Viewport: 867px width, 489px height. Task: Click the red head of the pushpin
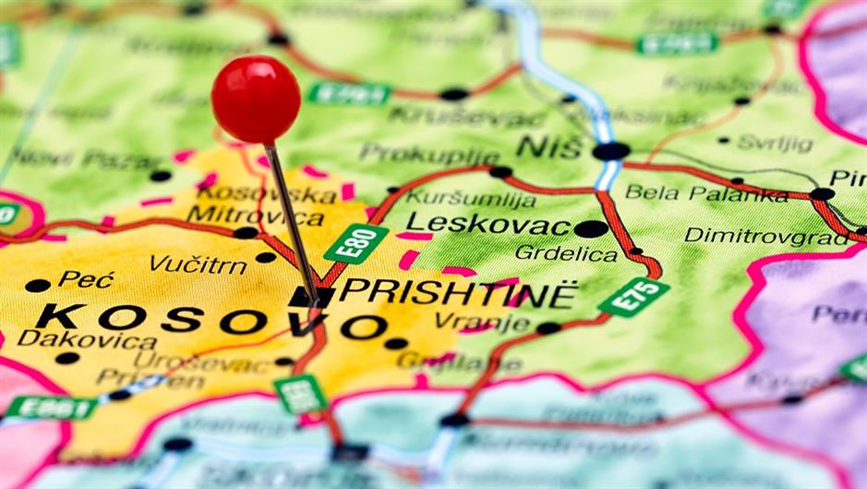click(x=256, y=99)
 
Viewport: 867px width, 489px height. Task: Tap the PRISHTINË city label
click(x=458, y=293)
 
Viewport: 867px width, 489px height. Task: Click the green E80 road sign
click(x=355, y=243)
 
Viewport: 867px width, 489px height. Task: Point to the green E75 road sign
click(x=633, y=297)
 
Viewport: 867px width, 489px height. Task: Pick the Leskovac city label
click(x=488, y=223)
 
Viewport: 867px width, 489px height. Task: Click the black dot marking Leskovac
click(x=591, y=228)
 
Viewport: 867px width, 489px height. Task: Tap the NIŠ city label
click(x=549, y=146)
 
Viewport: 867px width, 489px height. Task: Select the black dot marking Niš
click(x=610, y=151)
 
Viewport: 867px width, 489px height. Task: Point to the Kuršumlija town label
click(x=471, y=198)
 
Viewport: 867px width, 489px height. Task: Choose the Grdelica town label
click(x=566, y=251)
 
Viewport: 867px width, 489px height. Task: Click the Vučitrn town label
click(x=198, y=264)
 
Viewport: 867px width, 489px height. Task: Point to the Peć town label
click(x=86, y=278)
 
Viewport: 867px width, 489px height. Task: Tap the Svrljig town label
click(x=776, y=143)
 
